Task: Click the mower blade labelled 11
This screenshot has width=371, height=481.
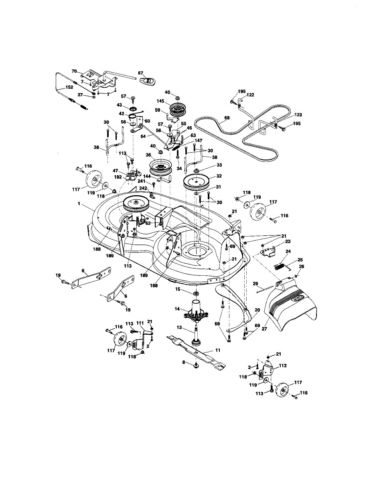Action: click(197, 351)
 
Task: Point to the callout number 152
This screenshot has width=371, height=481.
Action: click(69, 87)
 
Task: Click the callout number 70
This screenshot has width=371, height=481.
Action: click(74, 71)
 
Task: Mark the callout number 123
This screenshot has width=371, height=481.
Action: click(298, 115)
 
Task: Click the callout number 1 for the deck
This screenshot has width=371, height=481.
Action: click(80, 204)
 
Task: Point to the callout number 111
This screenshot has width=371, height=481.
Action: click(140, 323)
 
